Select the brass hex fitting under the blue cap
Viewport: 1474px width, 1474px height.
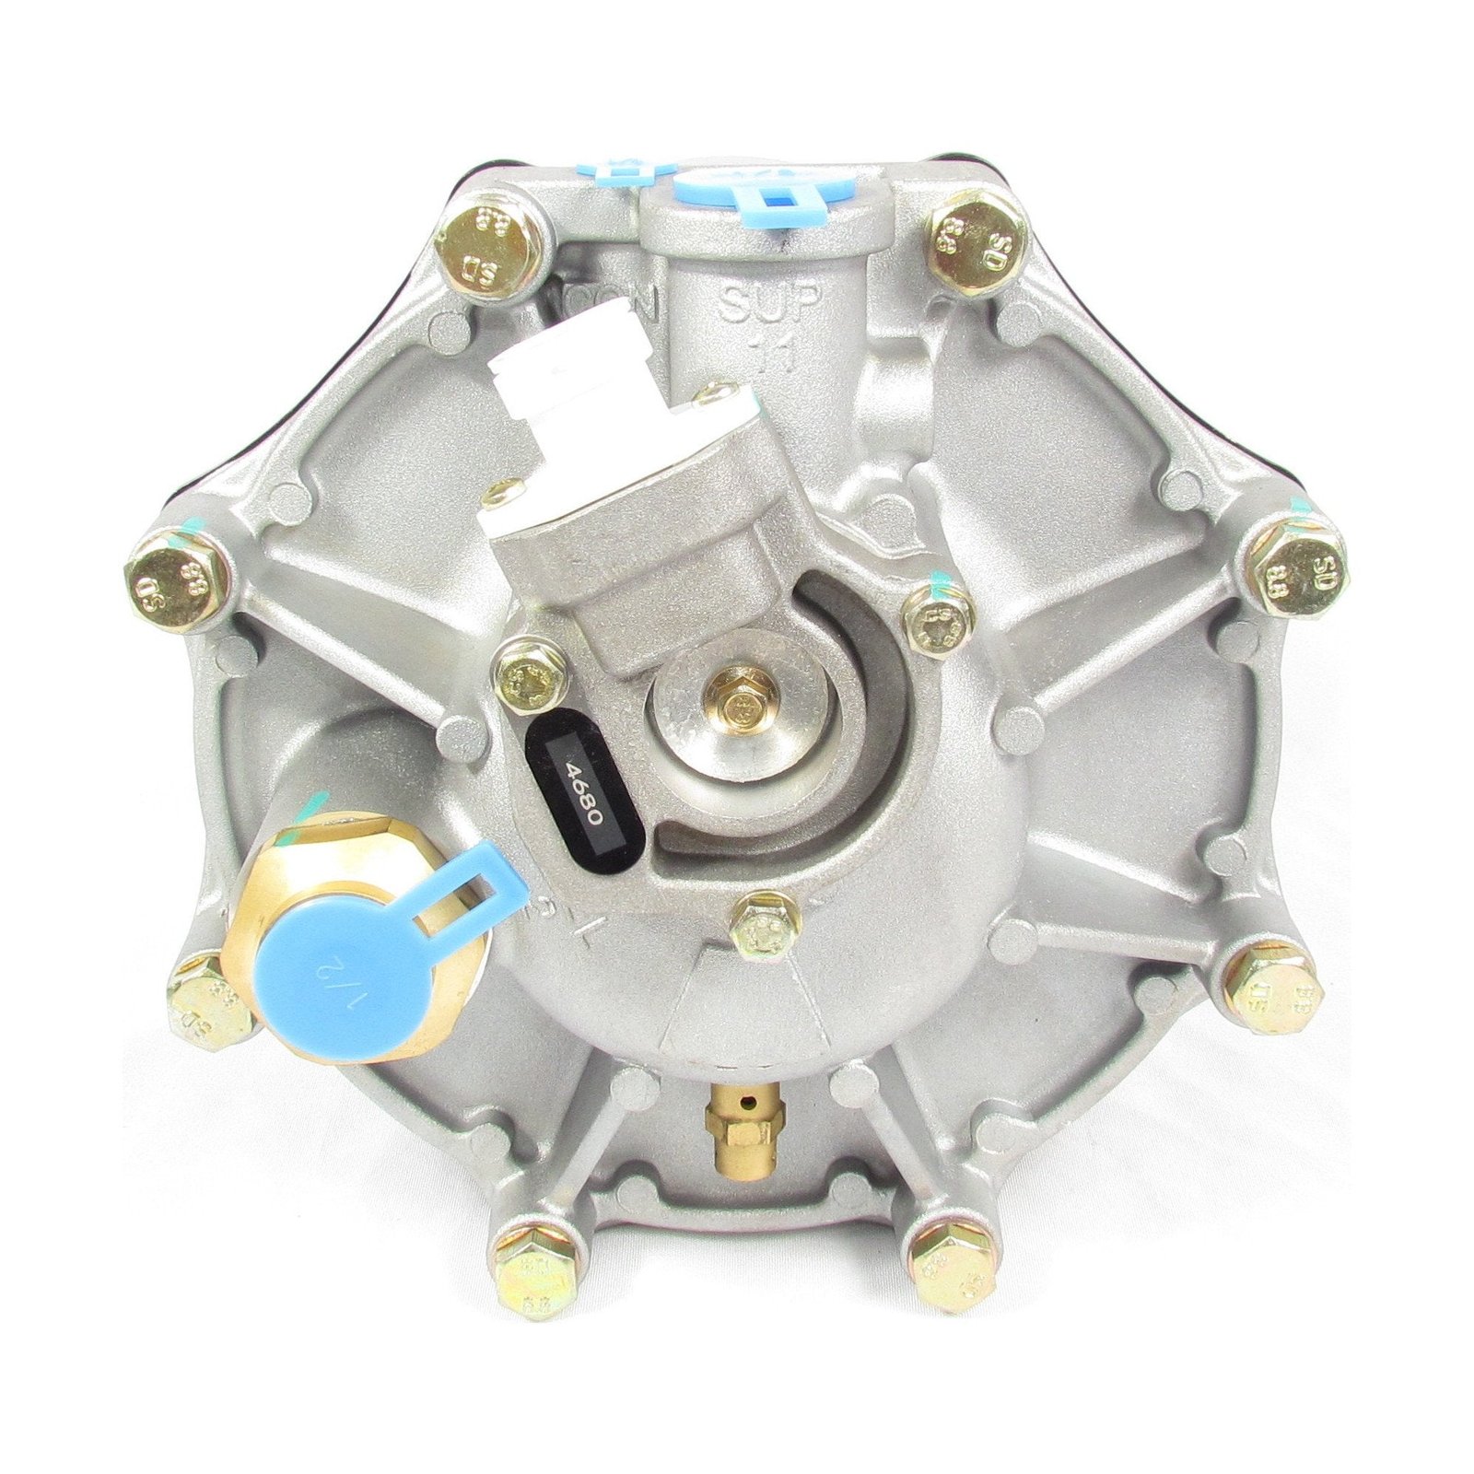point(276,884)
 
